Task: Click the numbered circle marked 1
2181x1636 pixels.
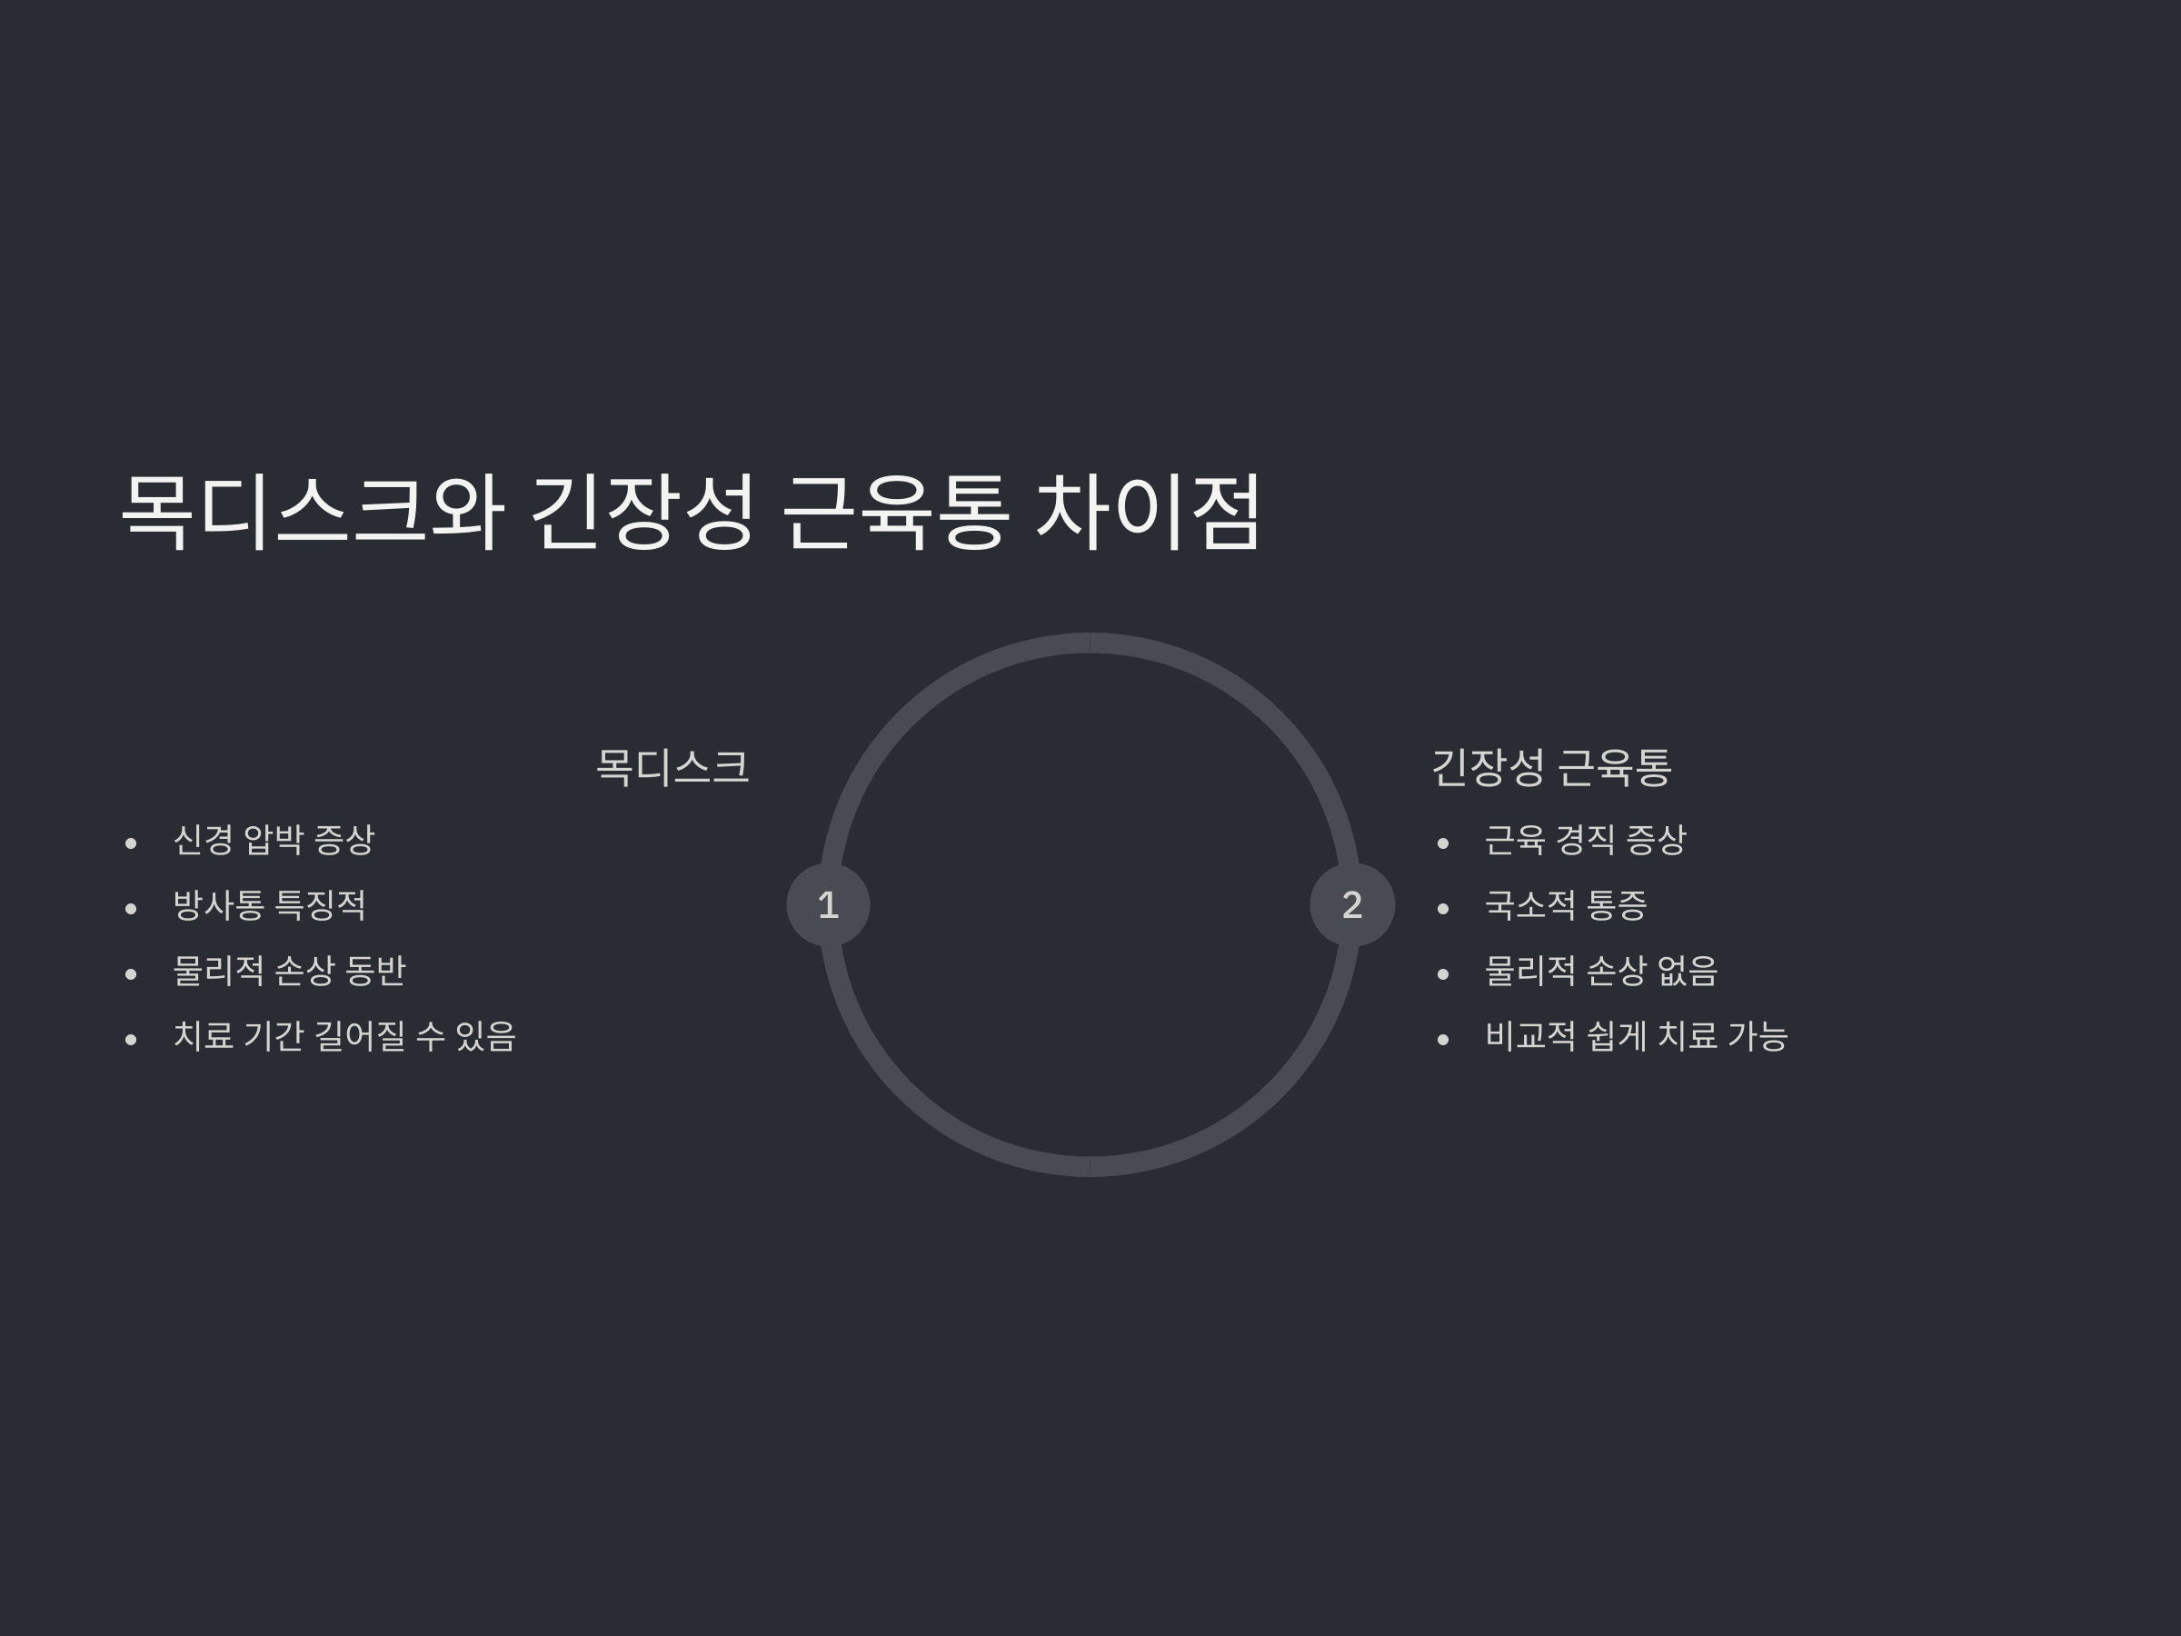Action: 828,904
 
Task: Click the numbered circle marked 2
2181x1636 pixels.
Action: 1352,904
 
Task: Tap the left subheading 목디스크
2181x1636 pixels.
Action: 672,767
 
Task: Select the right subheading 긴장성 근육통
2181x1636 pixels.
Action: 1551,767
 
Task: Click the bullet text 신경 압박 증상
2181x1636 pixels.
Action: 274,840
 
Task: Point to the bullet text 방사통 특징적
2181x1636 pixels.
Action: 269,905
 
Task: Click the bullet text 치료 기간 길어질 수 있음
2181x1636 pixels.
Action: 344,1036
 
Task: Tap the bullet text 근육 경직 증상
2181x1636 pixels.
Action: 1586,840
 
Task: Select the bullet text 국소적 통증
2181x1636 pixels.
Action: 1566,905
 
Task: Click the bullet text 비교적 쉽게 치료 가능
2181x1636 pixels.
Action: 1637,1036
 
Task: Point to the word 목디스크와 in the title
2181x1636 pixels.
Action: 313,511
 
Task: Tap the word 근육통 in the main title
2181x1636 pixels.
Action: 896,511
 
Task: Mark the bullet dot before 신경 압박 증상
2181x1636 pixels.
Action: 131,843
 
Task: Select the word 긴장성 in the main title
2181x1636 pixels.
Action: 642,511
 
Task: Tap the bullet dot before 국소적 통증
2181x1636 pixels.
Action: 1443,908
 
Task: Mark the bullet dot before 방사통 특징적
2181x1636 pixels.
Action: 131,908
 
